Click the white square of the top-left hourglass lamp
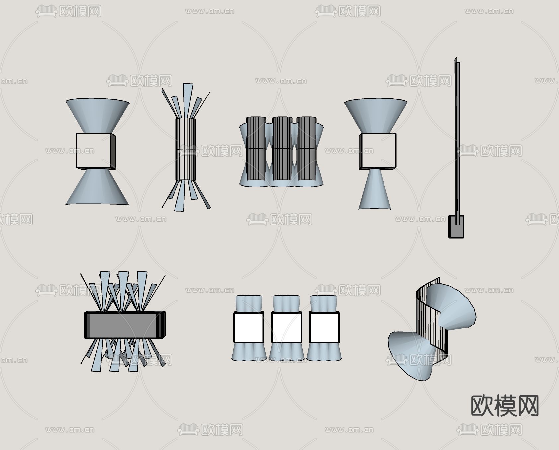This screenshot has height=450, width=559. tap(93, 150)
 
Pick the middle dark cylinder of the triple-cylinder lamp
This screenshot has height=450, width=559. tap(282, 149)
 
